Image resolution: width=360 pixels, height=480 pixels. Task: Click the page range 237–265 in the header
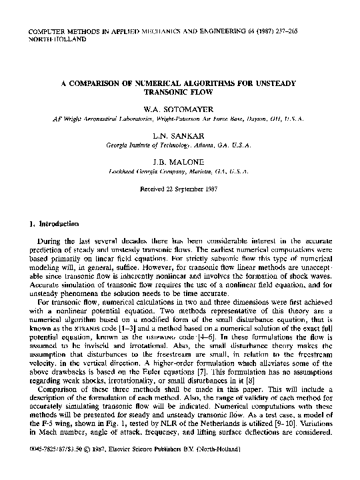[x=314, y=31]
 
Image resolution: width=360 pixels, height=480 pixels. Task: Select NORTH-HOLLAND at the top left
[x=55, y=39]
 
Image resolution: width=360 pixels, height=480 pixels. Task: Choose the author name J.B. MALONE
[x=180, y=162]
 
